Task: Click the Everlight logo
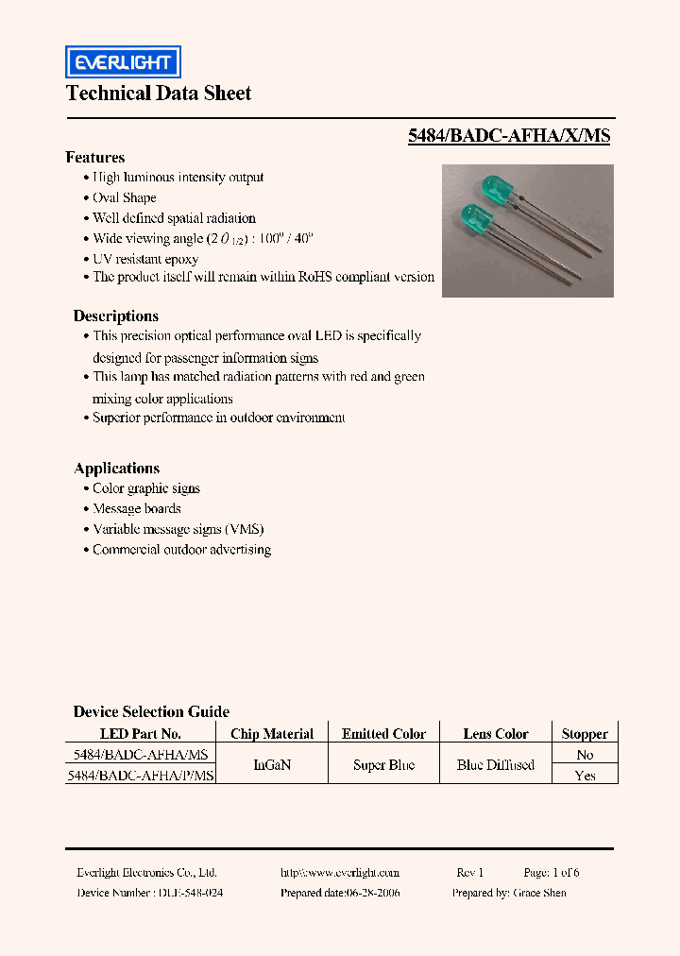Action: click(122, 62)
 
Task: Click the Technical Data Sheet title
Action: click(159, 93)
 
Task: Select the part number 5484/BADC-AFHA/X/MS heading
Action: click(509, 136)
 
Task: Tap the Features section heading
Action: click(95, 158)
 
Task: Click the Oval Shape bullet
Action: click(124, 198)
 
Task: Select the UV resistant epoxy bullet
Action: click(145, 259)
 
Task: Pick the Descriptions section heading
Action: click(116, 316)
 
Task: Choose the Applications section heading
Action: click(117, 469)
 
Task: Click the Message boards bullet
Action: click(136, 509)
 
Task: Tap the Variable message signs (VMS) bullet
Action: click(178, 530)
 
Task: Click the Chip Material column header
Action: click(272, 734)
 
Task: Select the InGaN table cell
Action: click(272, 765)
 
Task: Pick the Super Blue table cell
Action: click(383, 765)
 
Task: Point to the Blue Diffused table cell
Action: click(496, 765)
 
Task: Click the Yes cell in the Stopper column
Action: click(585, 776)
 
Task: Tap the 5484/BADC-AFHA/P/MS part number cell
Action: click(142, 776)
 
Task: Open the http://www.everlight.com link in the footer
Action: click(340, 873)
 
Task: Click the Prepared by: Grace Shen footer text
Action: click(509, 893)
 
